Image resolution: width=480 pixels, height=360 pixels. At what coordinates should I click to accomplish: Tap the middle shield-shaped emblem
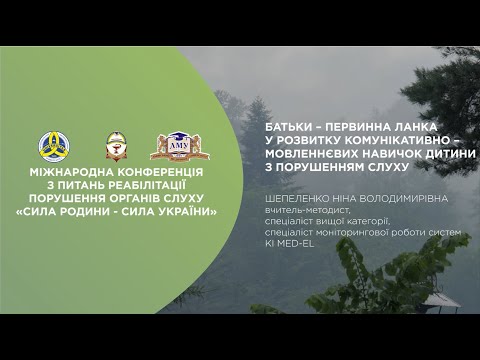click(x=115, y=146)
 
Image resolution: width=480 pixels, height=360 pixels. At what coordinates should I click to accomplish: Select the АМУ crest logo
click(x=179, y=146)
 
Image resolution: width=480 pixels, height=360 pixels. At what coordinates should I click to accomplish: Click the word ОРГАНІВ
click(x=131, y=198)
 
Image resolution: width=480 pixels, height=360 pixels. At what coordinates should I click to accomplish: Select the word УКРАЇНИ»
click(x=188, y=211)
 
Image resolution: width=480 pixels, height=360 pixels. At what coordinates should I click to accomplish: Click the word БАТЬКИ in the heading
click(x=289, y=128)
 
